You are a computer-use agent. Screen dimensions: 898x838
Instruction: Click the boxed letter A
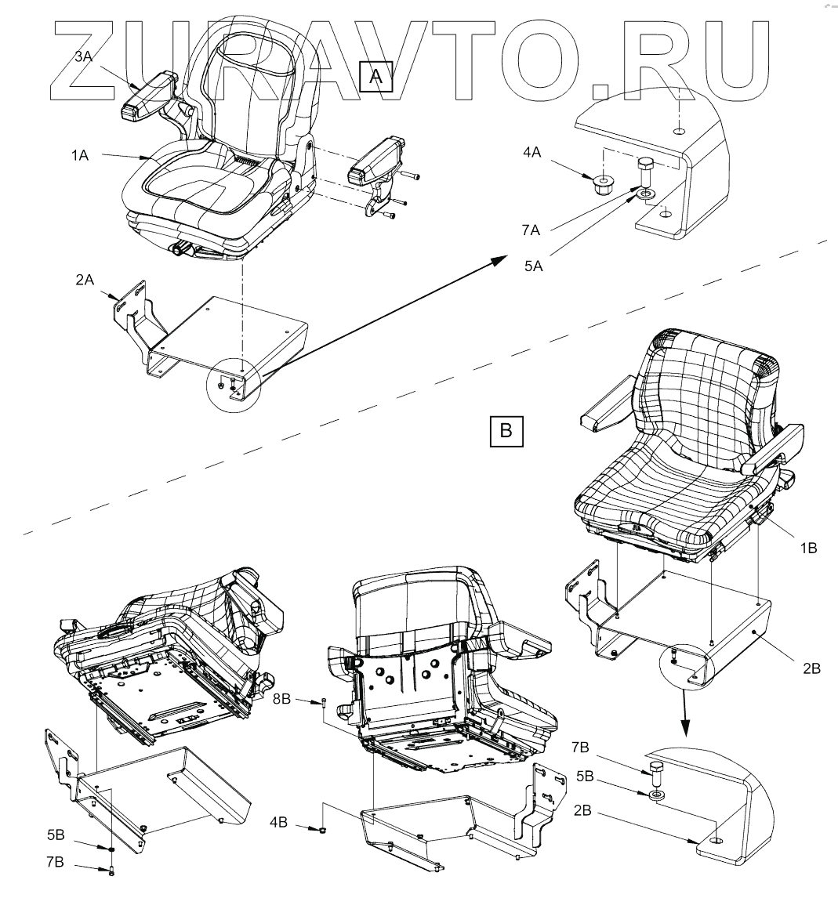point(375,78)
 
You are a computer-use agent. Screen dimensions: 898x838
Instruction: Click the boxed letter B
point(506,430)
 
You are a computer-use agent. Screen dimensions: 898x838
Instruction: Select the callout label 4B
point(281,824)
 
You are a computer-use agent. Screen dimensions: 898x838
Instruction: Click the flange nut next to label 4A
point(603,188)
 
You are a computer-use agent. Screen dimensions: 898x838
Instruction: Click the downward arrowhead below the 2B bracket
point(685,730)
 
